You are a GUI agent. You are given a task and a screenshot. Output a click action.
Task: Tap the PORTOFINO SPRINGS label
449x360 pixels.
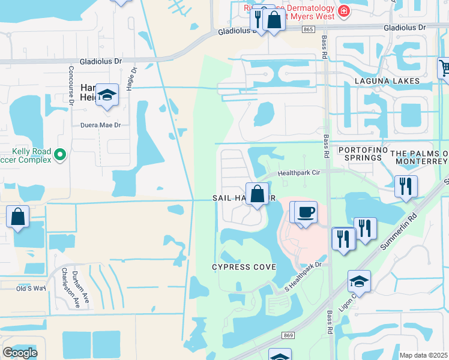[x=360, y=153]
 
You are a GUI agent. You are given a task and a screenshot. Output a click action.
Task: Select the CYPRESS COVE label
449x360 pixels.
[x=244, y=266]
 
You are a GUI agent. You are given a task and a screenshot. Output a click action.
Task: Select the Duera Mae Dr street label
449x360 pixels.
[x=101, y=125]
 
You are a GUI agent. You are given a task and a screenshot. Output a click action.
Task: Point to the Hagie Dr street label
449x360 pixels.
[x=131, y=79]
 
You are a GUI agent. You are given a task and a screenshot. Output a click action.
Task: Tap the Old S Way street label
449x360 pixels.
[x=31, y=289]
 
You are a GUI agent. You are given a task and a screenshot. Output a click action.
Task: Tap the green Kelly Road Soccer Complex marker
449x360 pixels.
[x=59, y=155]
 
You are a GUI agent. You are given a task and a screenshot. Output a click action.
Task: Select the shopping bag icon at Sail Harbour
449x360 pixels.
[x=257, y=194]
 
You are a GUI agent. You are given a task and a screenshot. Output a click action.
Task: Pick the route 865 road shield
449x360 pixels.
[x=309, y=29]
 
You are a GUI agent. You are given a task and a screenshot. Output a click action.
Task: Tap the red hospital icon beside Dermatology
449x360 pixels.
[x=343, y=11]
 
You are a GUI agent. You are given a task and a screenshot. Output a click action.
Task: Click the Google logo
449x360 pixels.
[x=20, y=353]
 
